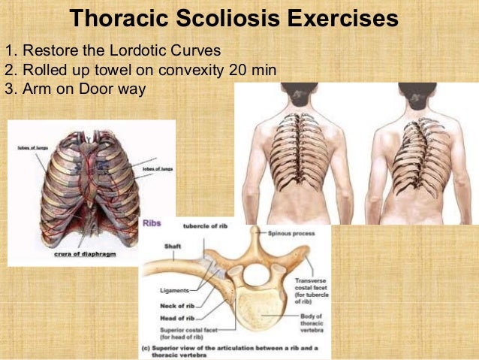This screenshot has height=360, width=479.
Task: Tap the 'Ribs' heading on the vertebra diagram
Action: click(x=152, y=224)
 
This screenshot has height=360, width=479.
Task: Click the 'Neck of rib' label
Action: click(x=177, y=305)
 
